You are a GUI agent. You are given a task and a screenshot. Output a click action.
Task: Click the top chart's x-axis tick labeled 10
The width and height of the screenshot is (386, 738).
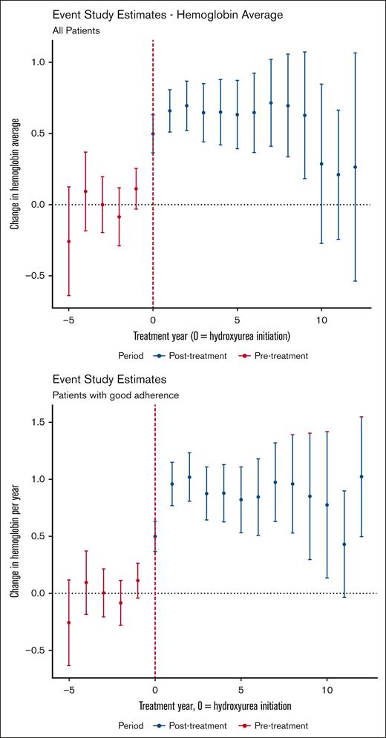tap(321, 320)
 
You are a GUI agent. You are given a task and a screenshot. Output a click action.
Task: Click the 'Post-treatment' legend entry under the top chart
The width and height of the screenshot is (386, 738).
tap(190, 355)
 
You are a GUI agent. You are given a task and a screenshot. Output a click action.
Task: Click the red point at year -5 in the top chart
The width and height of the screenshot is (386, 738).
tap(69, 241)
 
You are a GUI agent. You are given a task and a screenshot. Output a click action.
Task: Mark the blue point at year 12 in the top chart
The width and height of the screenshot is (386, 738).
tap(355, 167)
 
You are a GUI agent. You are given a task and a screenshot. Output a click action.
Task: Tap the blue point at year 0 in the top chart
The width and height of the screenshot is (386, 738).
tap(153, 134)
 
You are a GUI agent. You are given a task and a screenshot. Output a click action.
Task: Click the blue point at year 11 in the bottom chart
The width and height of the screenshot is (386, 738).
tap(344, 544)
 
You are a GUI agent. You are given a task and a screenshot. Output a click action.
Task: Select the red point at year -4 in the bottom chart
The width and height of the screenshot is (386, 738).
tap(86, 582)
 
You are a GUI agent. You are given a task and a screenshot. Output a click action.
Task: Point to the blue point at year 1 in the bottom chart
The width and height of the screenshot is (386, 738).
tap(172, 484)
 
